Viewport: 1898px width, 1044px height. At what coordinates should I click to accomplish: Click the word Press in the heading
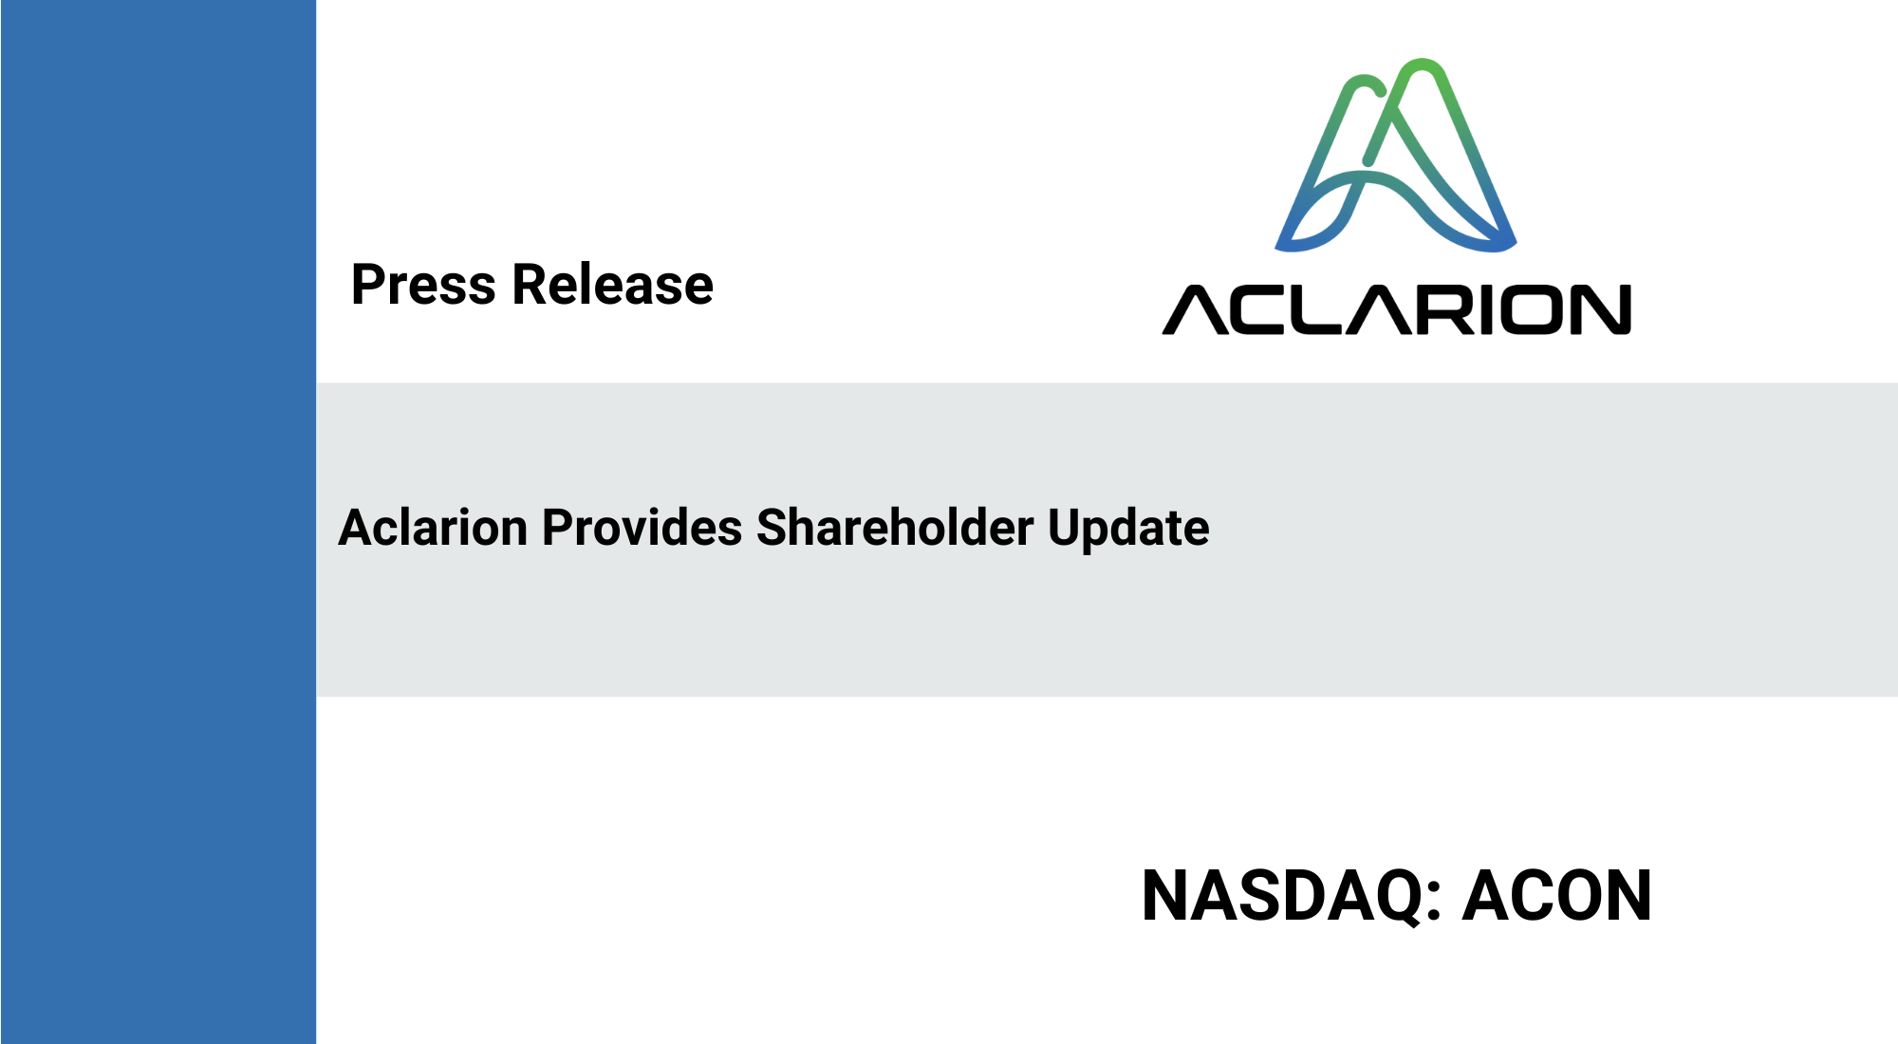pyautogui.click(x=423, y=284)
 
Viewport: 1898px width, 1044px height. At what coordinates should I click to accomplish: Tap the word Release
pyautogui.click(x=613, y=284)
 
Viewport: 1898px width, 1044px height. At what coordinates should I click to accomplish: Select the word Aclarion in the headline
pyautogui.click(x=433, y=527)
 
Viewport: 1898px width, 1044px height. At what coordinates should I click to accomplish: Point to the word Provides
pyautogui.click(x=642, y=527)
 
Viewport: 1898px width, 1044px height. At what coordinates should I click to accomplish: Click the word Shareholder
pyautogui.click(x=895, y=527)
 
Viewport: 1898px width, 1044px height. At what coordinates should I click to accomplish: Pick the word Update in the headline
pyautogui.click(x=1128, y=529)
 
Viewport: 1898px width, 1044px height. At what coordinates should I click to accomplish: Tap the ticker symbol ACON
pyautogui.click(x=1557, y=895)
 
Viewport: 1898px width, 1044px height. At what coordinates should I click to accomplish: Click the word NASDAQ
pyautogui.click(x=1281, y=896)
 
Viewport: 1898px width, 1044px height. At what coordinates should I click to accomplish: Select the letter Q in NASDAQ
pyautogui.click(x=1396, y=897)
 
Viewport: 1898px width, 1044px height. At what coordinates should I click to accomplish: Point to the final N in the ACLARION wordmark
pyautogui.click(x=1602, y=309)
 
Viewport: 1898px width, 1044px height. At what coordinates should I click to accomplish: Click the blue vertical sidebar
pyautogui.click(x=158, y=522)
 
